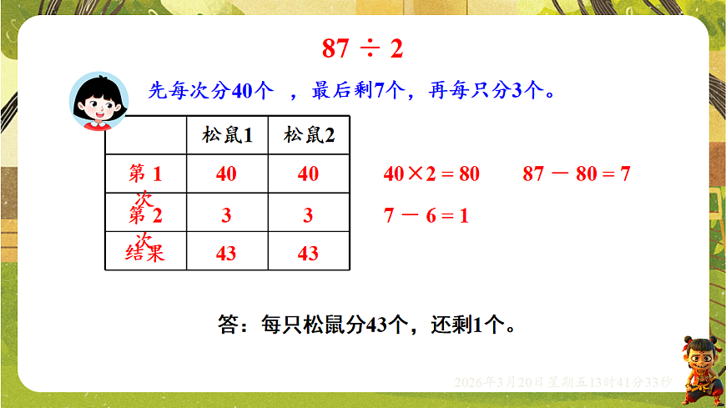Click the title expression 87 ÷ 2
[x=362, y=48]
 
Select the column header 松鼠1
[x=227, y=135]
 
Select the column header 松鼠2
[x=309, y=135]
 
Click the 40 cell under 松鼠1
[x=226, y=174]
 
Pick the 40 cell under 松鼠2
[x=308, y=174]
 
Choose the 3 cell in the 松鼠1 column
[x=226, y=215]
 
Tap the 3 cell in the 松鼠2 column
[x=308, y=215]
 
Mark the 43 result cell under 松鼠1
[x=226, y=254]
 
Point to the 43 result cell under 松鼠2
[x=308, y=254]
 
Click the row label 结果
[x=144, y=254]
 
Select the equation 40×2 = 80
[x=431, y=174]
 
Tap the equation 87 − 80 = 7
[x=576, y=174]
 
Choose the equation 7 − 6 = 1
[x=426, y=215]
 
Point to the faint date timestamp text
[x=562, y=381]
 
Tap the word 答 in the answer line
[x=228, y=325]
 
